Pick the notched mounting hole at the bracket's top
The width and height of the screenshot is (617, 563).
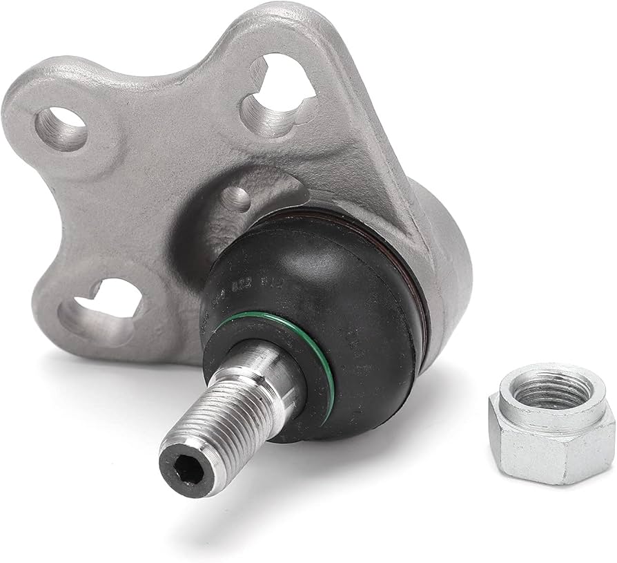pos(276,97)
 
